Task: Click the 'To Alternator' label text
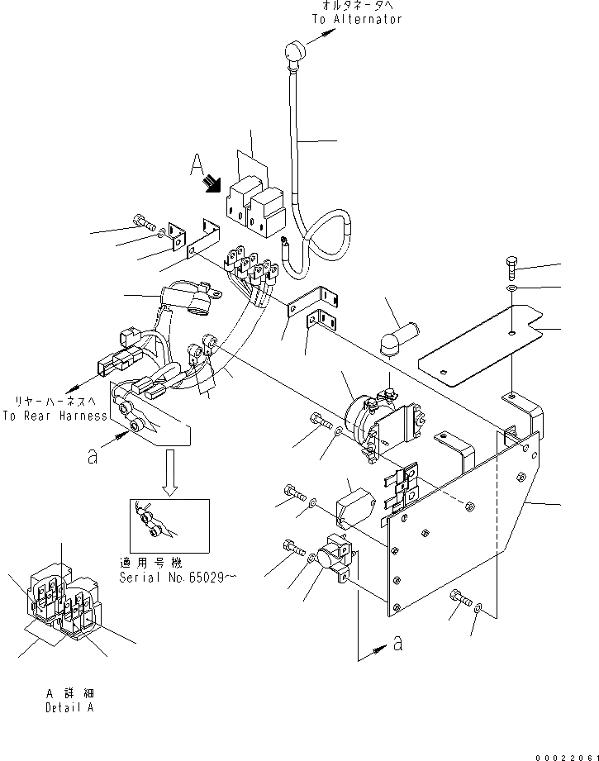[356, 19]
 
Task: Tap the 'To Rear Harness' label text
[55, 416]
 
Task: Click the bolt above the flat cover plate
[511, 268]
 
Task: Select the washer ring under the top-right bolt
[512, 289]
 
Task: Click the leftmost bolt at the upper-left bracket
[141, 221]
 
